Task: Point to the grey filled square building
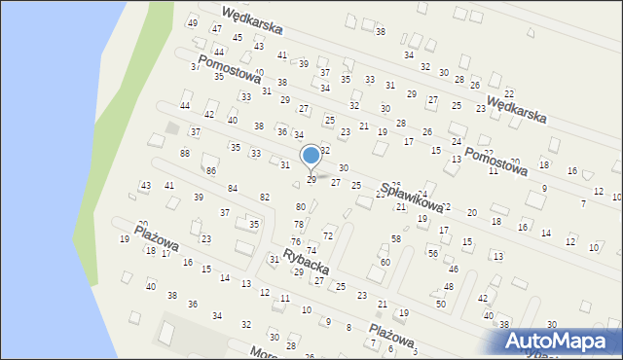[x=172, y=127]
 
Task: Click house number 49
[x=193, y=22]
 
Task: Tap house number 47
[x=216, y=29]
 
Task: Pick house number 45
[x=238, y=37]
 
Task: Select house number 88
[x=185, y=154]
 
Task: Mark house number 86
[x=210, y=170]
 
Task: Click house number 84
[x=233, y=188]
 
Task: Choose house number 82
[x=265, y=198]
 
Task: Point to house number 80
[x=301, y=206]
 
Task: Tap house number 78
[x=299, y=225]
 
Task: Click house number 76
[x=295, y=241]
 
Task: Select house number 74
[x=311, y=250]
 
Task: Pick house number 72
[x=328, y=235]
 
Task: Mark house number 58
[x=396, y=238]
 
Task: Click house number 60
[x=385, y=262]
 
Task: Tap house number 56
[x=432, y=253]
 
